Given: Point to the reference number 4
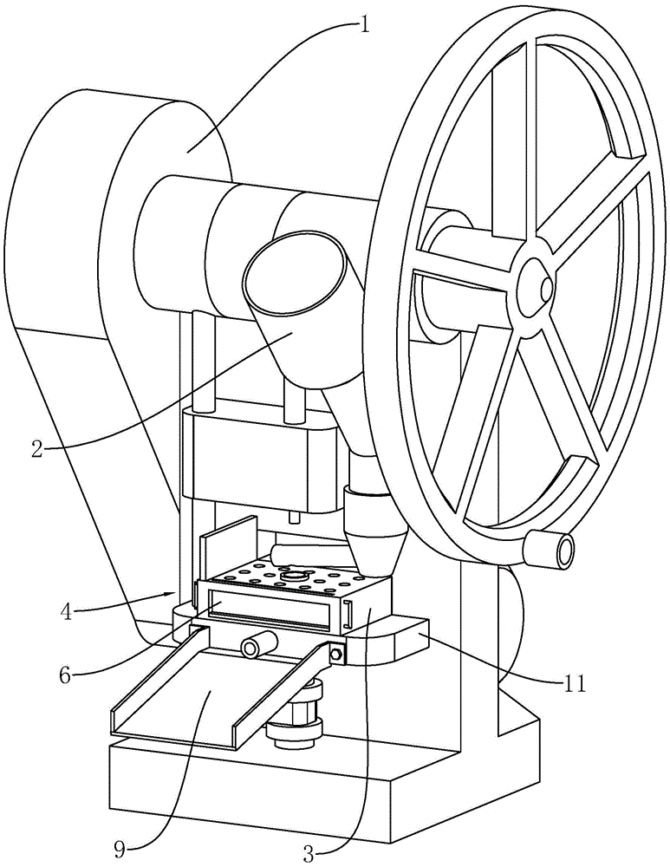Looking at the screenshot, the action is point(67,613).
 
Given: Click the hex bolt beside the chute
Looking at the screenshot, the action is point(336,655).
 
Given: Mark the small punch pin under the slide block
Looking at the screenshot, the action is point(294,516).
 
